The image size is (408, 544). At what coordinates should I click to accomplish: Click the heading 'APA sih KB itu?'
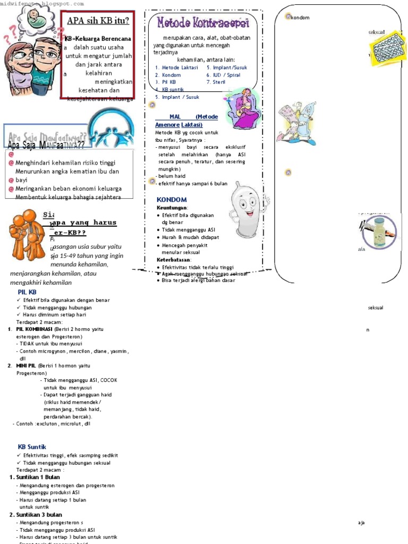coord(98,21)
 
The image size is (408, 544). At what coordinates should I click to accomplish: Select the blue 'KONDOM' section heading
coord(171,199)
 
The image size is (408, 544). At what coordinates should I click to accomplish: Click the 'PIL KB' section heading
coord(27,292)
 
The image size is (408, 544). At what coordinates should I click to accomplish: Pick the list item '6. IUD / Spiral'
coord(223,75)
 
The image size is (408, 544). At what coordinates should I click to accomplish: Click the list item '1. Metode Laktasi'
coord(176,67)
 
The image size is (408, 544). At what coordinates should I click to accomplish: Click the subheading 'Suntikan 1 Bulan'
coord(38,477)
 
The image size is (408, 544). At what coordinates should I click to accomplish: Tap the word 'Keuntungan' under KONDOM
coord(172,208)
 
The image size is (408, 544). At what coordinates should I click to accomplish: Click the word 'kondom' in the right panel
coord(301,18)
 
